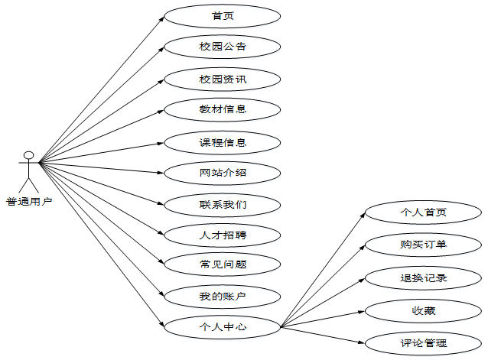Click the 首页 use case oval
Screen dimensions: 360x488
(x=223, y=15)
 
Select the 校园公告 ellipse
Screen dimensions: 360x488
(x=223, y=47)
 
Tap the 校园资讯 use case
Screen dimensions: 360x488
(x=223, y=79)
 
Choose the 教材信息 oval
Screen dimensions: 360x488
(x=223, y=109)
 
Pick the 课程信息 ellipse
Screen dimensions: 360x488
(x=223, y=141)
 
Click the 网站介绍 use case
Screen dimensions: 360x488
(x=223, y=173)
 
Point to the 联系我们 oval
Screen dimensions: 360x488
(x=223, y=204)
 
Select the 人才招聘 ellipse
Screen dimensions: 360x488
(x=223, y=235)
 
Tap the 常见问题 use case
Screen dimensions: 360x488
(x=223, y=264)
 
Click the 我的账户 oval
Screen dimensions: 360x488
(x=223, y=296)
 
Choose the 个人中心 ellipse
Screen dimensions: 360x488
(x=223, y=326)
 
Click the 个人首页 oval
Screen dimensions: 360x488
(x=423, y=212)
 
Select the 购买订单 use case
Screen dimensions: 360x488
(x=423, y=245)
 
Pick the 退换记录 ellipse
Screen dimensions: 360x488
(x=423, y=277)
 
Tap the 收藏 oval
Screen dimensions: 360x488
(x=423, y=310)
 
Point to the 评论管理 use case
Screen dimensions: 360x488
(x=423, y=343)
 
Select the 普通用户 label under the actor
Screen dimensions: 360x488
(x=29, y=202)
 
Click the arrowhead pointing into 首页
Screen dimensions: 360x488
(x=161, y=18)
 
